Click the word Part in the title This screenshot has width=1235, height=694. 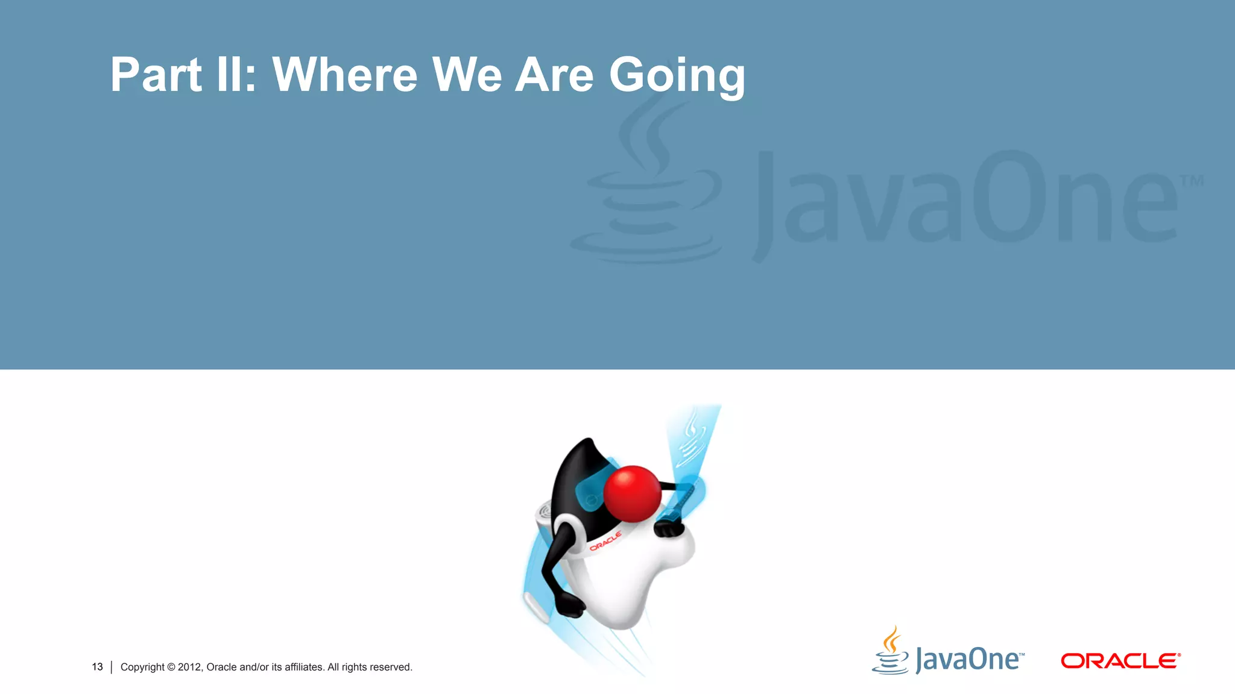click(156, 75)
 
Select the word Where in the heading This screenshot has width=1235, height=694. click(344, 75)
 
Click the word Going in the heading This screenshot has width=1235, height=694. click(677, 76)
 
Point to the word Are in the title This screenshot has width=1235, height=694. click(554, 75)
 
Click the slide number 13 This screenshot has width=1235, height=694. click(97, 667)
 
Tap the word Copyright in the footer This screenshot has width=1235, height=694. click(142, 667)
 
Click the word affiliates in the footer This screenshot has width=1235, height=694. click(304, 667)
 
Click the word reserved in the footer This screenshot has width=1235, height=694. click(391, 667)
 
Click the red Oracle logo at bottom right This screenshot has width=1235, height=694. click(1120, 661)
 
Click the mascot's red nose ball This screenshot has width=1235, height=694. click(632, 493)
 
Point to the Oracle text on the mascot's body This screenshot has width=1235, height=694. click(605, 541)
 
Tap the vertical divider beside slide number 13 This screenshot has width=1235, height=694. click(112, 667)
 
